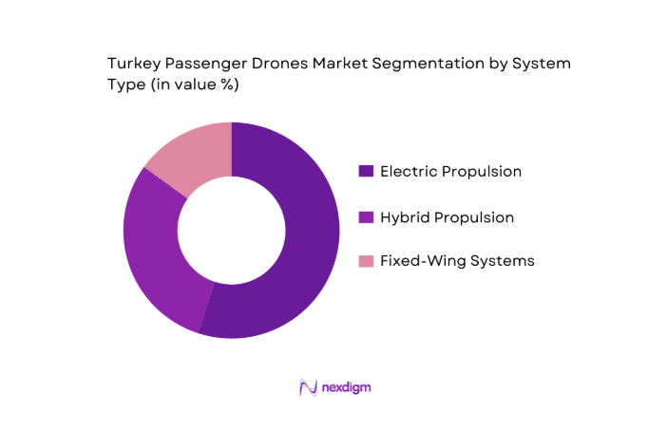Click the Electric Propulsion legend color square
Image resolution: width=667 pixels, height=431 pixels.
click(366, 172)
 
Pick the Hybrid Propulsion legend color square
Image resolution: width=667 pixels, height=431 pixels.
click(366, 217)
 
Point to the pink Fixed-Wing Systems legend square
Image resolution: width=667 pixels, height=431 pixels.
click(366, 261)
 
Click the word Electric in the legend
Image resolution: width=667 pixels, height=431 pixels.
click(410, 172)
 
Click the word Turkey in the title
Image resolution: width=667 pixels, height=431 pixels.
click(132, 63)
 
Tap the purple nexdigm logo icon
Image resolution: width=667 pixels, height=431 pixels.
click(308, 387)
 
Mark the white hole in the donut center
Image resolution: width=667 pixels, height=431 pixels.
click(231, 230)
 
